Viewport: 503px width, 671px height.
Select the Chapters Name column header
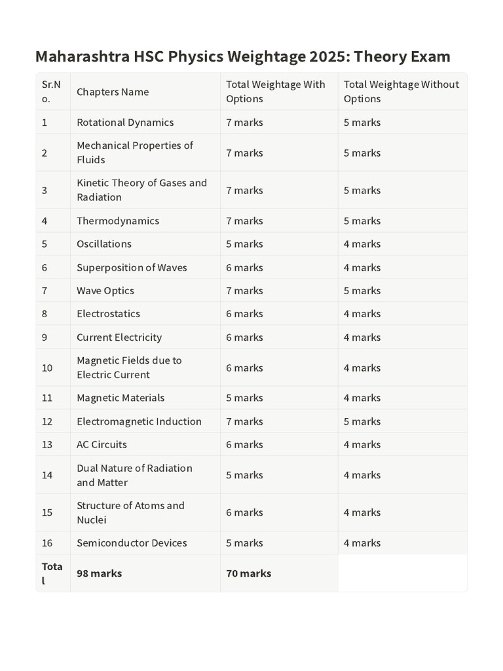coord(113,92)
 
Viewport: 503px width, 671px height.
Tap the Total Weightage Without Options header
coord(401,92)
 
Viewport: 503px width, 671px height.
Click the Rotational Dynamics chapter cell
coord(125,123)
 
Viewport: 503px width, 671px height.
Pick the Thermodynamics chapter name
coord(118,221)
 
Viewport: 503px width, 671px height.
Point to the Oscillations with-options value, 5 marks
coord(244,244)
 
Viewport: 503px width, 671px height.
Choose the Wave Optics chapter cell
coord(105,290)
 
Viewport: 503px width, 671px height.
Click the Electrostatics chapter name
coord(108,314)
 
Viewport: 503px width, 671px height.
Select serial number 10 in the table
coord(47,368)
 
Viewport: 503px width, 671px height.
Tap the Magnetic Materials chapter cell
coord(121,398)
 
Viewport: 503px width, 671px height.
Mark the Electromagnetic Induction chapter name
coord(139,421)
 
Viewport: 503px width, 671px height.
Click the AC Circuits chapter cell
coord(102,444)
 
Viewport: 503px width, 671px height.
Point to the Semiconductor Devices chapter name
coord(132,543)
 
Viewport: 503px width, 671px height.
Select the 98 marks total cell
coord(99,573)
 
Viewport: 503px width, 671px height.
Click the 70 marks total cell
coord(248,573)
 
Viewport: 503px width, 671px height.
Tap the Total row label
coord(52,573)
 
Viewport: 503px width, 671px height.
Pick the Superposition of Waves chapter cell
coord(132,267)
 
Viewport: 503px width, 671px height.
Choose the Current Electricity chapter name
coord(119,337)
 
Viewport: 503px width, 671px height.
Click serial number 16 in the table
coord(47,543)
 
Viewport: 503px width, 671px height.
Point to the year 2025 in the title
coord(326,56)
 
